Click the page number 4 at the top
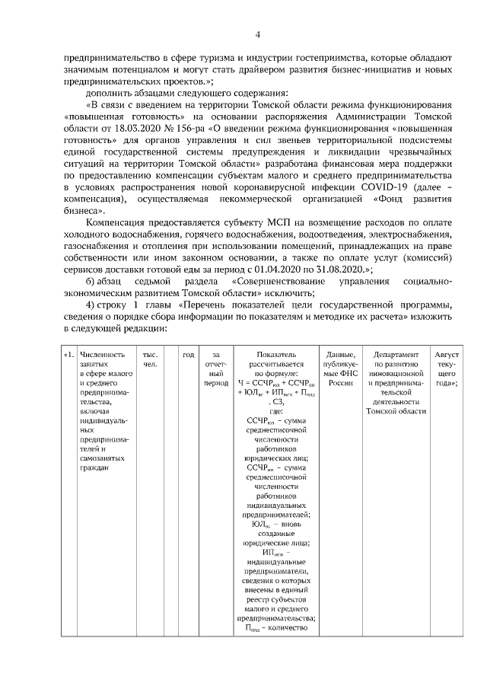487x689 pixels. (x=257, y=34)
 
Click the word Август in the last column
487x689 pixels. (x=446, y=354)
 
